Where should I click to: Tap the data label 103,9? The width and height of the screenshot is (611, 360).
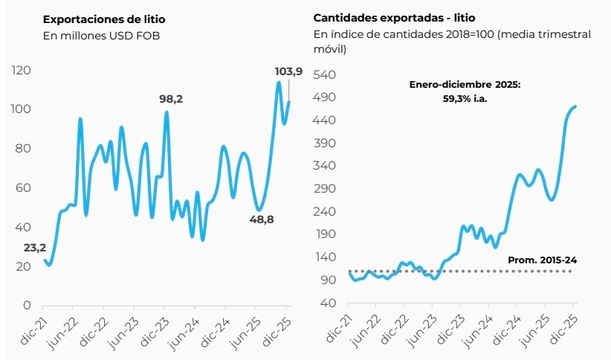288,71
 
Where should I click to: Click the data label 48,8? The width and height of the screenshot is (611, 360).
257,220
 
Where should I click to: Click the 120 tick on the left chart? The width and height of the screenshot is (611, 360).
21,70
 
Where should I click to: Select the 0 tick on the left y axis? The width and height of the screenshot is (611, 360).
26,306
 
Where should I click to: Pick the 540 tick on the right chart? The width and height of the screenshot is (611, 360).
327,75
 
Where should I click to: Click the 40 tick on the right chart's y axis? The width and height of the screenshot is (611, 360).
330,303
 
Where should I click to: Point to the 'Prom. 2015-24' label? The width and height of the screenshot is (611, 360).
542,260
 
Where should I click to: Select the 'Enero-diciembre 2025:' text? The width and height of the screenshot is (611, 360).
465,85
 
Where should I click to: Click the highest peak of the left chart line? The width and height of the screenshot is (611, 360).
279,82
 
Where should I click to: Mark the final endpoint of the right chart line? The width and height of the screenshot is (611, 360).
576,106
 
